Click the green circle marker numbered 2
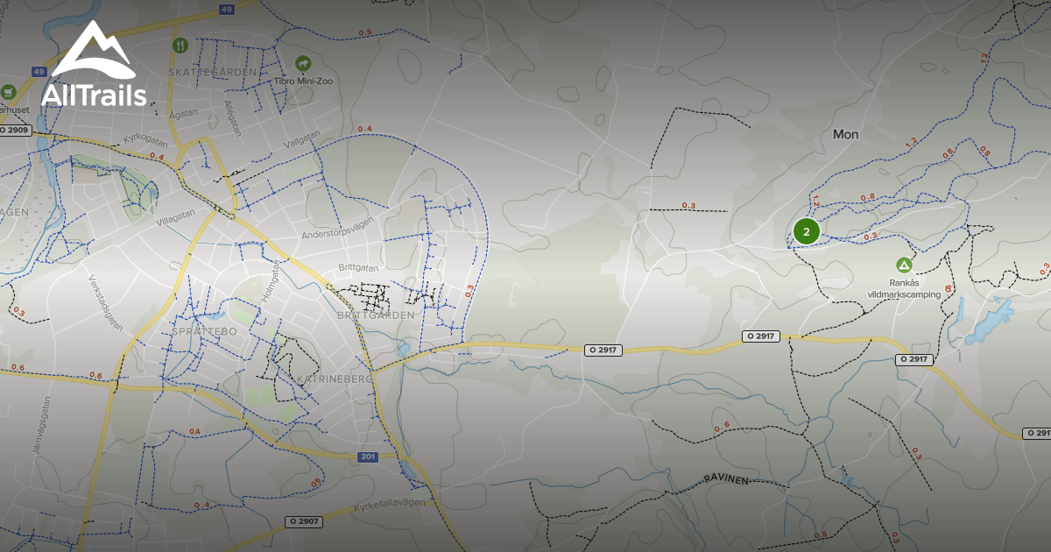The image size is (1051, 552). pos(806,231)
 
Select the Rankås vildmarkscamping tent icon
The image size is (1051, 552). pos(903,265)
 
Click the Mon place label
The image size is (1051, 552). pos(845,134)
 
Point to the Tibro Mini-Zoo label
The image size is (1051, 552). pos(299,81)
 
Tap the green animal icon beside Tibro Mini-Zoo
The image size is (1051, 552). pos(303,63)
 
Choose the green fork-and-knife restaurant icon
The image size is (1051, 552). pos(180,45)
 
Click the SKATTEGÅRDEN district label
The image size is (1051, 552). pos(214,72)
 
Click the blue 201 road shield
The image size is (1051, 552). pos(369,456)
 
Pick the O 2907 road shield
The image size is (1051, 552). pos(304,521)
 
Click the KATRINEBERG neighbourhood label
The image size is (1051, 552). pos(335,378)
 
